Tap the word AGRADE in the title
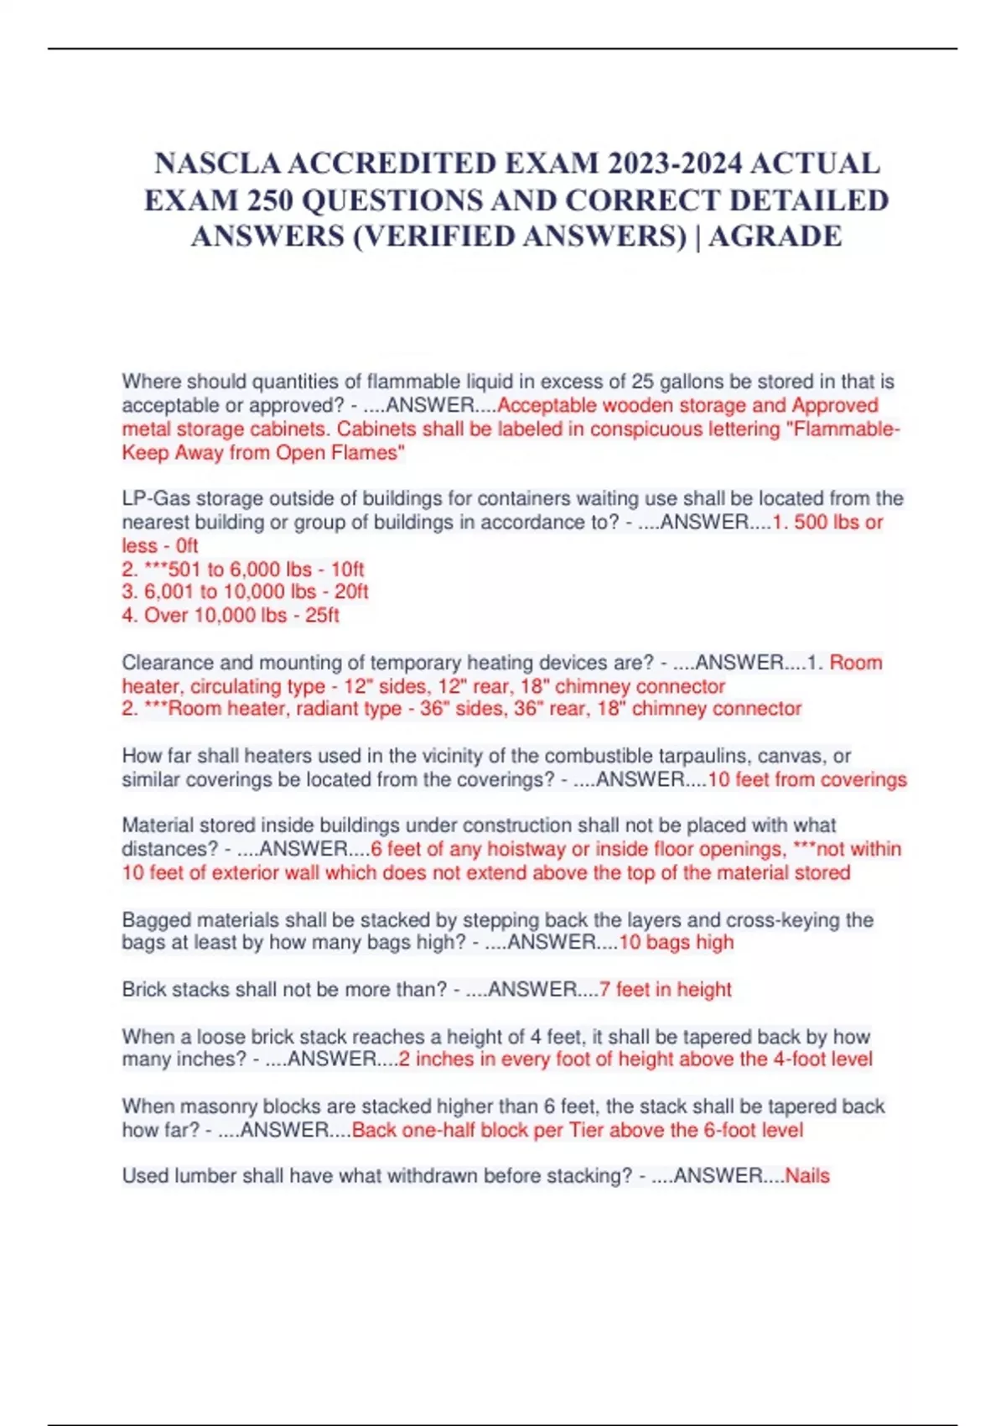[x=775, y=237]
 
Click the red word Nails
[x=806, y=1176]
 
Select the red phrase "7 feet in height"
[x=665, y=990]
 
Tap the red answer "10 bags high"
[x=676, y=943]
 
